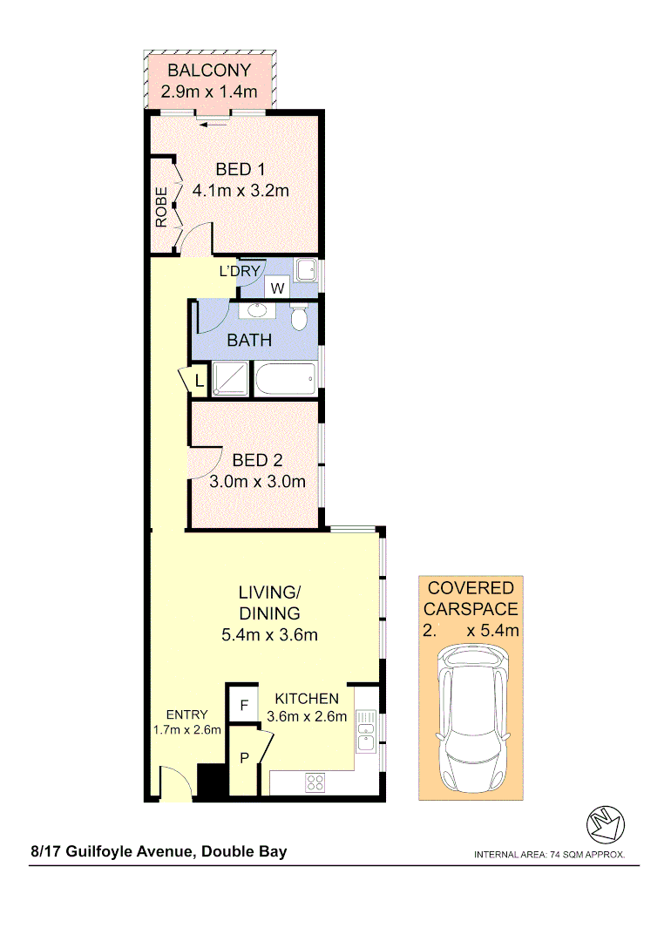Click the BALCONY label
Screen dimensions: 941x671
point(209,71)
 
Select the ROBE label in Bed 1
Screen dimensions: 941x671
point(162,207)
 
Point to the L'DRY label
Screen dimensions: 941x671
point(240,271)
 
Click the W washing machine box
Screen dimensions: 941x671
point(277,288)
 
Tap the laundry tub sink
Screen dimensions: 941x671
point(305,270)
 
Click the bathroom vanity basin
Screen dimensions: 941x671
point(258,309)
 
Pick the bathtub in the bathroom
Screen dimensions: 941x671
point(285,379)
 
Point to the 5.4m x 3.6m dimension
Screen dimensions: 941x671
point(269,634)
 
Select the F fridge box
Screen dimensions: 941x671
point(244,704)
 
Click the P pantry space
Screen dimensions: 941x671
point(245,757)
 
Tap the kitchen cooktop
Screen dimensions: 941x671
point(315,782)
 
